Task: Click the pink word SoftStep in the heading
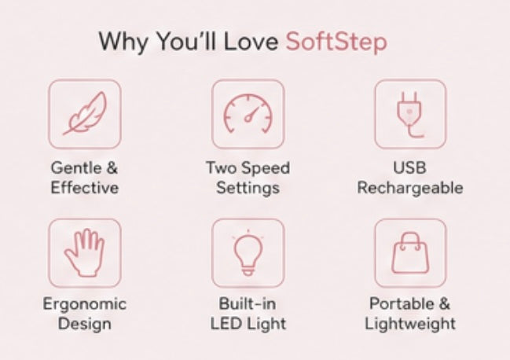[x=336, y=42]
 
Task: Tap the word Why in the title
[x=123, y=42]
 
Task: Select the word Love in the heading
[x=251, y=42]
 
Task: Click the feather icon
[x=85, y=114]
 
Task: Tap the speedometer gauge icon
[x=248, y=113]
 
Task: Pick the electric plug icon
[x=410, y=115]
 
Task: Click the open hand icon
[x=85, y=252]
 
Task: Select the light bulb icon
[x=248, y=252]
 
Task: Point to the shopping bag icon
[x=410, y=252]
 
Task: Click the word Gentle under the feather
[x=76, y=168]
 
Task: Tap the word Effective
[x=85, y=188]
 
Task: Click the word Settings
[x=248, y=189]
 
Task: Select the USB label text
[x=410, y=167]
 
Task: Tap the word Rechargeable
[x=410, y=188]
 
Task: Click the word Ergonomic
[x=85, y=304]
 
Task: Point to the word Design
[x=85, y=324]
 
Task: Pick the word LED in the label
[x=226, y=324]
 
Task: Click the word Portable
[x=402, y=303]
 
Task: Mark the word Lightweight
[x=410, y=324]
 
